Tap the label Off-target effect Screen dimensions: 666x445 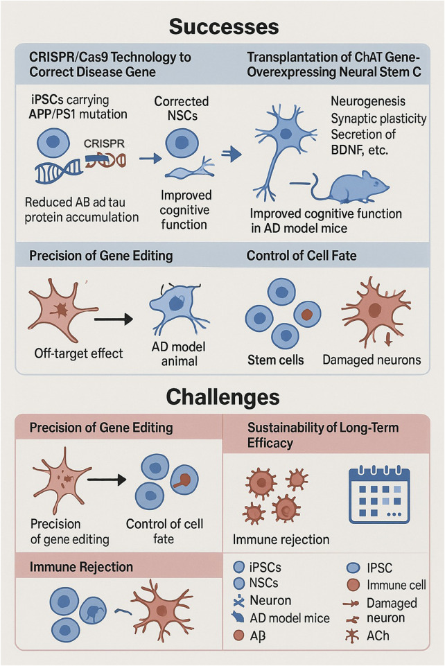tap(78, 353)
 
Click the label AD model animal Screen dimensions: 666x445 tap(180, 353)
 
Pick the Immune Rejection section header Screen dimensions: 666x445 tap(81, 567)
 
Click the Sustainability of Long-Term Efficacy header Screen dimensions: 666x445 tap(322, 435)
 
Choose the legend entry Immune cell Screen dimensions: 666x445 tap(396, 585)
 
